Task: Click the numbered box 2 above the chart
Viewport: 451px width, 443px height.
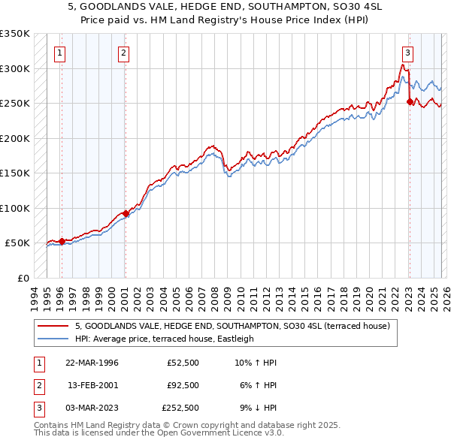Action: click(x=123, y=53)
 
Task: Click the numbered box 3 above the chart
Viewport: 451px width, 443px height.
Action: click(x=407, y=53)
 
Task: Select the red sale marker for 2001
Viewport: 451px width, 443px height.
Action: click(x=125, y=213)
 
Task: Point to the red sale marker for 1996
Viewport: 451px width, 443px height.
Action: click(x=62, y=241)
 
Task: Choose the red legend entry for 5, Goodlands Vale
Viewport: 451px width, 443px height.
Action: click(x=232, y=327)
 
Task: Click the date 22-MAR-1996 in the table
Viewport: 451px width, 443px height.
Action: click(x=92, y=362)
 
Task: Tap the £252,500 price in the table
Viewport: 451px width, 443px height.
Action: click(x=180, y=408)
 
